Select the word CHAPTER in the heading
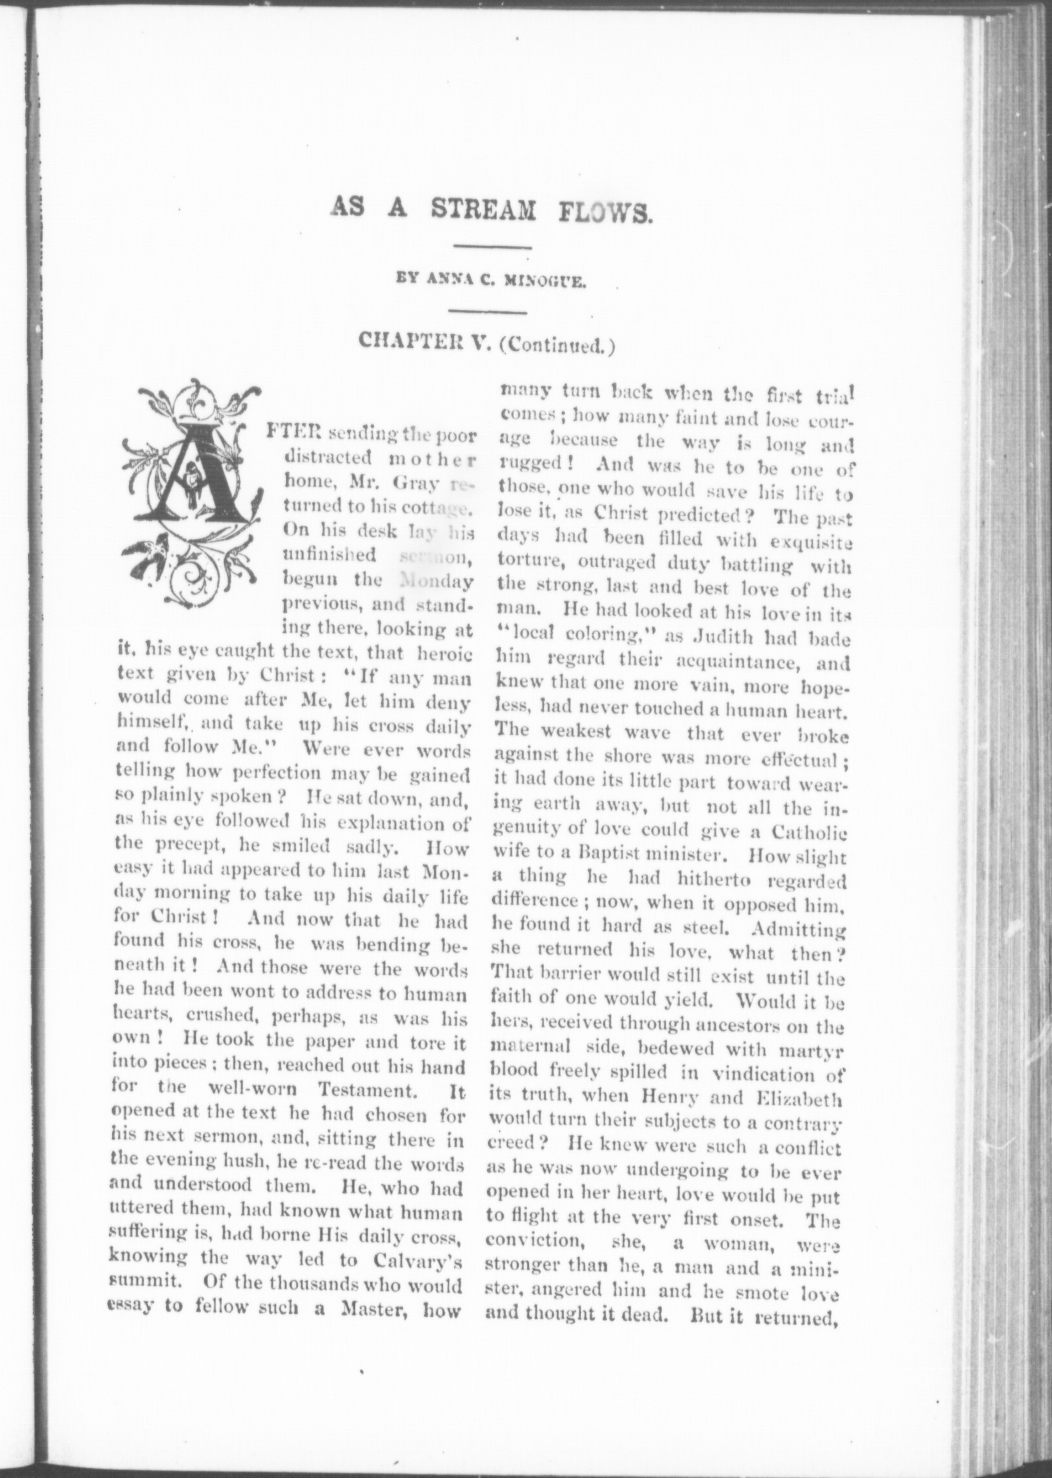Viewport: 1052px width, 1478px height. pos(416,344)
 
